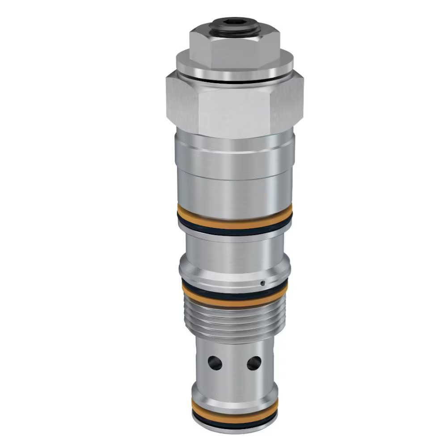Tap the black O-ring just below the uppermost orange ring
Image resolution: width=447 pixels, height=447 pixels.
pyautogui.click(x=234, y=228)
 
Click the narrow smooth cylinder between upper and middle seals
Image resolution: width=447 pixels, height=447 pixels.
pyautogui.click(x=234, y=250)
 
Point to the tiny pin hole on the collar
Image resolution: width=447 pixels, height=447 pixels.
pyautogui.click(x=263, y=283)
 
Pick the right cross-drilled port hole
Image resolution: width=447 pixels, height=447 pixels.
pyautogui.click(x=254, y=362)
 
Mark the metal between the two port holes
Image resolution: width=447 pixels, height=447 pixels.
pyautogui.click(x=235, y=363)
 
